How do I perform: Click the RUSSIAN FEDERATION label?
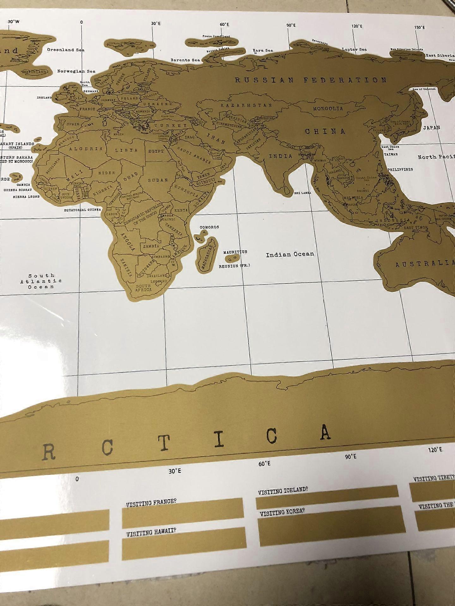click(x=311, y=80)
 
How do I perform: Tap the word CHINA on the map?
click(x=325, y=131)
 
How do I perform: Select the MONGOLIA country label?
click(x=328, y=109)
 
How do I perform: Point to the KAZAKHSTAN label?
click(x=246, y=105)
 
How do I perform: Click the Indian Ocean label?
click(x=290, y=254)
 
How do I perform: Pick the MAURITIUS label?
click(x=235, y=252)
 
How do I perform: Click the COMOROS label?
click(x=209, y=227)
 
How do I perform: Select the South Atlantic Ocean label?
click(x=41, y=281)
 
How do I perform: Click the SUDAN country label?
click(x=158, y=180)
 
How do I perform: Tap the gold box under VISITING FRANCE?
click(x=183, y=518)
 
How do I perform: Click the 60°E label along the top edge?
click(x=224, y=25)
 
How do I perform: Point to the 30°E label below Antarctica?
click(x=175, y=471)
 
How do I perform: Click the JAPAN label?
click(x=432, y=128)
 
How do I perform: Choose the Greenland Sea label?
click(x=66, y=50)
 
